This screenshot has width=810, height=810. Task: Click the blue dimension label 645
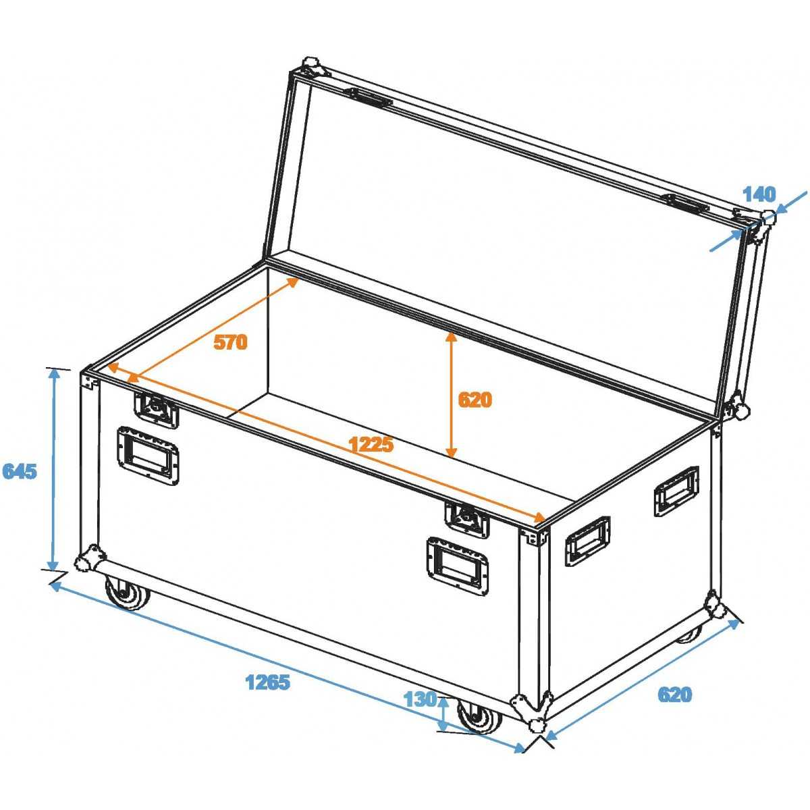pos(20,472)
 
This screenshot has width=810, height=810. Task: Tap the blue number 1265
pos(268,682)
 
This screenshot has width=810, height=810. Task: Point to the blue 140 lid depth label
pos(759,194)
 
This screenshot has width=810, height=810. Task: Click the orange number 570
pos(230,342)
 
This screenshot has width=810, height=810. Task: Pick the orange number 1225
pos(371,444)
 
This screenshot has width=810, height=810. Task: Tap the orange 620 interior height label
pos(475,400)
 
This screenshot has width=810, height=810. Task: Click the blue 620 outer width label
pos(674,695)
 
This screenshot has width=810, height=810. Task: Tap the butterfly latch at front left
pos(155,410)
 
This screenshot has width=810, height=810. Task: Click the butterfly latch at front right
pos(467,520)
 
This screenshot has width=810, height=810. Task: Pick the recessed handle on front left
pos(148,456)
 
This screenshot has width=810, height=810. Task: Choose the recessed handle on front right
pos(458,566)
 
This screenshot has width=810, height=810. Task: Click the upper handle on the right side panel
pos(676,491)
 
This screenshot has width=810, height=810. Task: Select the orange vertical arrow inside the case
pos(451,395)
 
